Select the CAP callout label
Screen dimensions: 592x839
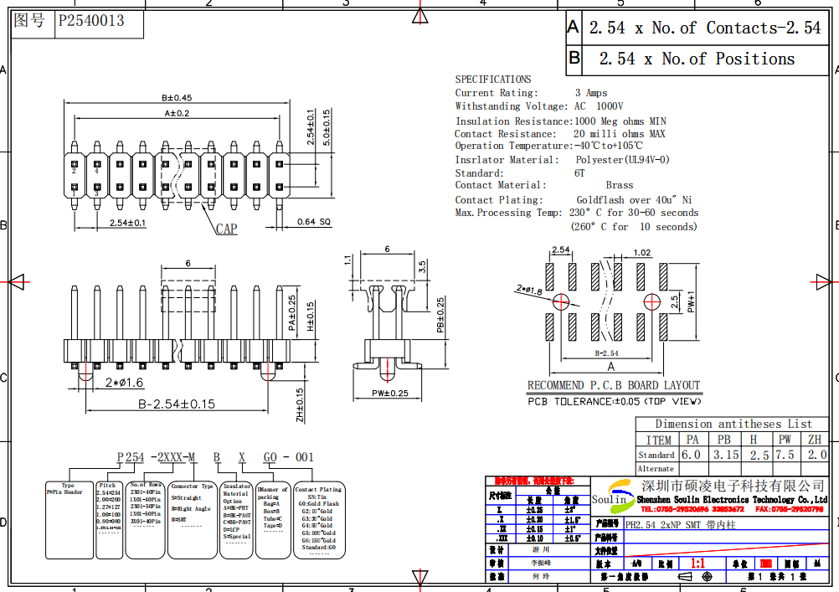point(226,229)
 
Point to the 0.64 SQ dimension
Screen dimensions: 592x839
point(314,222)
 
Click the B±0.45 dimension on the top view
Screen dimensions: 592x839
point(177,98)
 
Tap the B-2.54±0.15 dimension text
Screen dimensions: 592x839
point(176,404)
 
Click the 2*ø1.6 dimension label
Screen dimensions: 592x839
point(125,383)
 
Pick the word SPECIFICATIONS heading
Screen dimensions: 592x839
point(493,79)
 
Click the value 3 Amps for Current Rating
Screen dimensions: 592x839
point(591,93)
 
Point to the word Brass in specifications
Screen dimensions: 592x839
point(620,185)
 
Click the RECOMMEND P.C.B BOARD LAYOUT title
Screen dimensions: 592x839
point(613,385)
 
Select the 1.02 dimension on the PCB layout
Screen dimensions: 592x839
point(642,252)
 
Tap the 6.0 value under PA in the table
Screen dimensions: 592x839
point(691,455)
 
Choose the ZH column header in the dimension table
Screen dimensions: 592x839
point(815,440)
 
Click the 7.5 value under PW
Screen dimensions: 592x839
point(785,455)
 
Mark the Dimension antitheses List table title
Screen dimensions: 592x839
point(733,424)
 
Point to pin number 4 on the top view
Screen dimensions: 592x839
point(97,171)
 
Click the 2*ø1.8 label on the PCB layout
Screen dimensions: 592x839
point(529,290)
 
